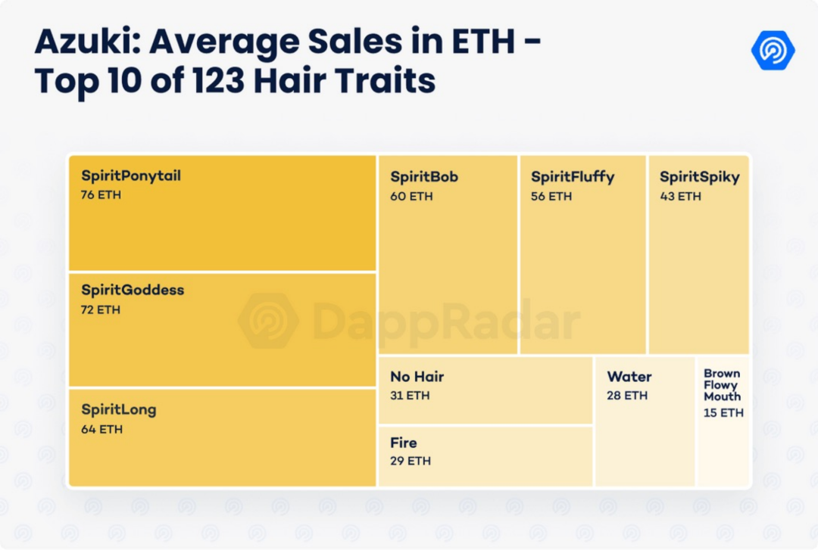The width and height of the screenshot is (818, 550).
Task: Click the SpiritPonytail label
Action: [131, 176]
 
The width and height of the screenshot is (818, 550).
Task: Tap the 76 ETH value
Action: [101, 195]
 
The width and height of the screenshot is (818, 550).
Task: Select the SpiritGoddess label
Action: [133, 291]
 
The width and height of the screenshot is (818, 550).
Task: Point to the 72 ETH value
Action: [101, 309]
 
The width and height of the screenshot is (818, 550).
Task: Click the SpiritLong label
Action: [119, 410]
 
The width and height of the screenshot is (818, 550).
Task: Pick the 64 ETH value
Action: [101, 430]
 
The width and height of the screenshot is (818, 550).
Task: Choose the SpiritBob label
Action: [424, 177]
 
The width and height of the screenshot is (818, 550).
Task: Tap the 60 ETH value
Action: [410, 197]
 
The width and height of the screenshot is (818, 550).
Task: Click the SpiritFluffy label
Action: [573, 177]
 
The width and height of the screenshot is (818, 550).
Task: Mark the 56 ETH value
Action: [551, 197]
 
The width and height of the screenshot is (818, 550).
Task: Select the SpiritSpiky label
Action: [699, 177]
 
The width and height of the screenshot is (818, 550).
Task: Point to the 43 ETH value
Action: [680, 197]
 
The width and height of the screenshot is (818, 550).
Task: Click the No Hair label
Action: [417, 377]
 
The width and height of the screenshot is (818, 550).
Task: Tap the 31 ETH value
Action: [409, 396]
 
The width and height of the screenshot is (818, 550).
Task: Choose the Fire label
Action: [404, 443]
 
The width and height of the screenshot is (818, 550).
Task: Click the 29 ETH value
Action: [410, 461]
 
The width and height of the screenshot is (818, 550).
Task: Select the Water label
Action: [629, 377]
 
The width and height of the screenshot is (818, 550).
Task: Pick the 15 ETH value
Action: [723, 413]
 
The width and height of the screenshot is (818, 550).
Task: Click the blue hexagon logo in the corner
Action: [773, 50]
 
